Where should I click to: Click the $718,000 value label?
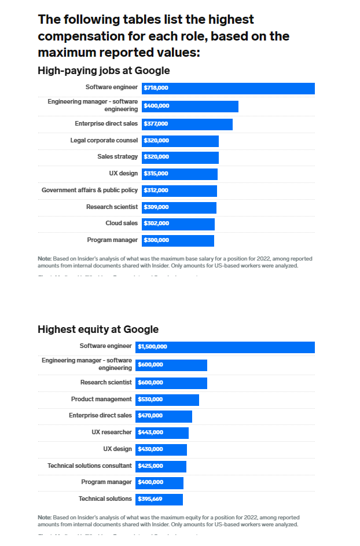pyautogui.click(x=156, y=88)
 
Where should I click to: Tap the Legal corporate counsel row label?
pyautogui.click(x=104, y=141)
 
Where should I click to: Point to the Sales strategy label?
pyautogui.click(x=117, y=157)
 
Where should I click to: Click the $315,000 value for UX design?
pyautogui.click(x=156, y=174)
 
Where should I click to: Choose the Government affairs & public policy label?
pyautogui.click(x=90, y=190)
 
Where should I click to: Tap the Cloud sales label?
pyautogui.click(x=122, y=223)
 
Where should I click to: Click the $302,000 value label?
pyautogui.click(x=156, y=223)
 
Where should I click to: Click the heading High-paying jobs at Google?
pyautogui.click(x=104, y=71)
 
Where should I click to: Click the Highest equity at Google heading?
pyautogui.click(x=98, y=329)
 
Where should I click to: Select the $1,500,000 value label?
pyautogui.click(x=152, y=347)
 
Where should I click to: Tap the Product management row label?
pyautogui.click(x=101, y=400)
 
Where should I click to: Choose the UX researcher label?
pyautogui.click(x=112, y=433)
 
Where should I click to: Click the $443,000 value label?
pyautogui.click(x=150, y=433)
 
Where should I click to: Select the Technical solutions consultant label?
pyautogui.click(x=90, y=466)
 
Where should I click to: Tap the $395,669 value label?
pyautogui.click(x=150, y=499)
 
